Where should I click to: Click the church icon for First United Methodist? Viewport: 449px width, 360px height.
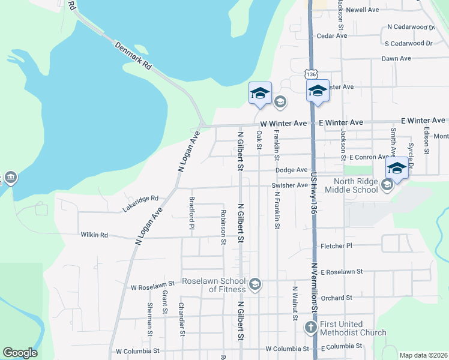pyautogui.click(x=310, y=327)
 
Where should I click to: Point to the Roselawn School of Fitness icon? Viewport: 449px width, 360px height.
pyautogui.click(x=255, y=284)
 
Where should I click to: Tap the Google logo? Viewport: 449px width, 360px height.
pyautogui.click(x=20, y=353)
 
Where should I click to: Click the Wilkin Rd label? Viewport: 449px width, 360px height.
pyautogui.click(x=94, y=235)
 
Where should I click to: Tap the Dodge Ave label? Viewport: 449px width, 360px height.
pyautogui.click(x=292, y=170)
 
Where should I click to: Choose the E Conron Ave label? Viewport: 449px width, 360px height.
pyautogui.click(x=369, y=157)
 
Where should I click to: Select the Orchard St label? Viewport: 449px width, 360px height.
pyautogui.click(x=336, y=298)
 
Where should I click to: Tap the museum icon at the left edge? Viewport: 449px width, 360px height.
pyautogui.click(x=11, y=178)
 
